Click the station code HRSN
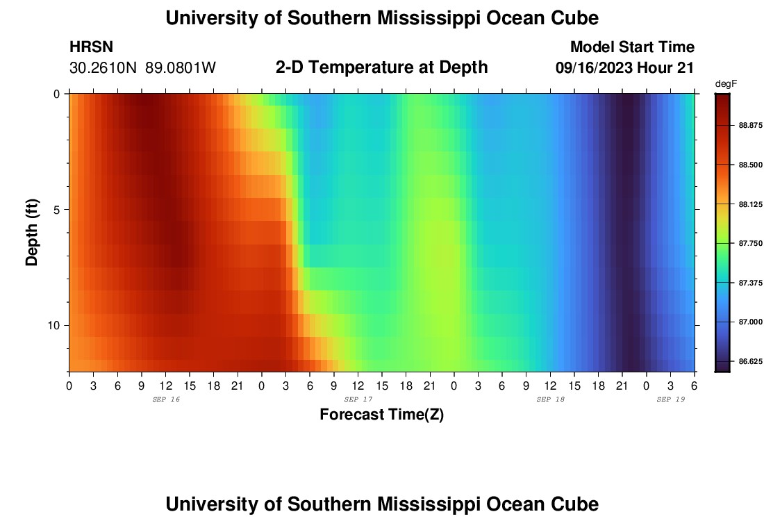pos(91,47)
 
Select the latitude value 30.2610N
pos(104,67)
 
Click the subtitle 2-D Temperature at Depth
pos(381,67)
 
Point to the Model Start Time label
pos(631,47)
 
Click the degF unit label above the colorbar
pos(725,83)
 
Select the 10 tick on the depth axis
pos(57,326)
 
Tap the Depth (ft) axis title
pos(32,233)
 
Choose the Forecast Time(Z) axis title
pos(381,415)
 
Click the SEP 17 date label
pos(358,399)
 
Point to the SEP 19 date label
pos(671,399)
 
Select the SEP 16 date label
pos(165,399)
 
